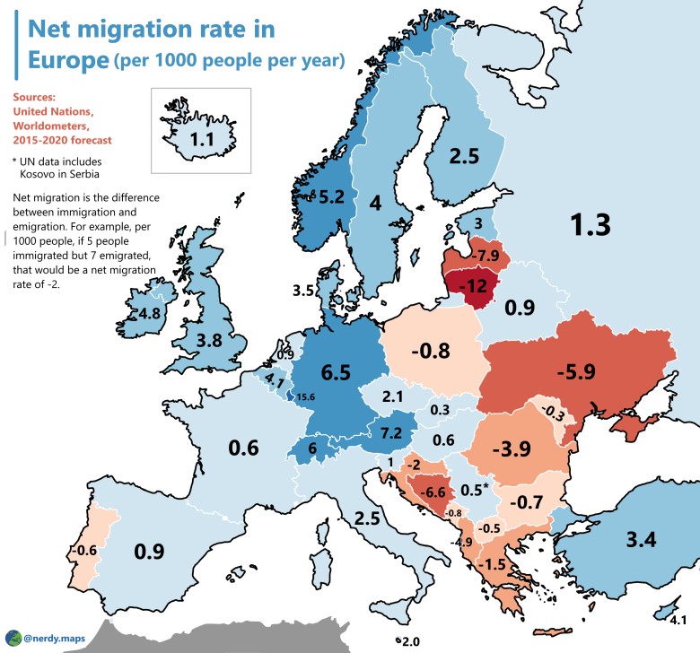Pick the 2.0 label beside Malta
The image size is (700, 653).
[x=409, y=641]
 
